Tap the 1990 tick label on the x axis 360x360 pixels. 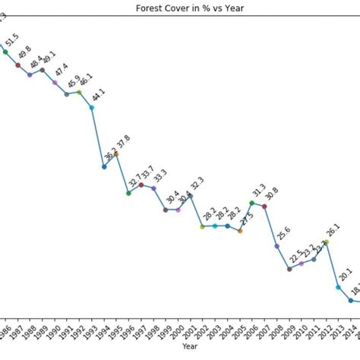pos(52,331)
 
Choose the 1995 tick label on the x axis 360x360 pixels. pos(114,331)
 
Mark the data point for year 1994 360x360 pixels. pos(104,166)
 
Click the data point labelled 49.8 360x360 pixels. pos(17,65)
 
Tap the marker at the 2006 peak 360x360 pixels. pos(252,203)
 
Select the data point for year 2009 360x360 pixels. pos(289,269)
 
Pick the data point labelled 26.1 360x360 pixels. pos(326,242)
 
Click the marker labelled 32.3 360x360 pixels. pos(190,196)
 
